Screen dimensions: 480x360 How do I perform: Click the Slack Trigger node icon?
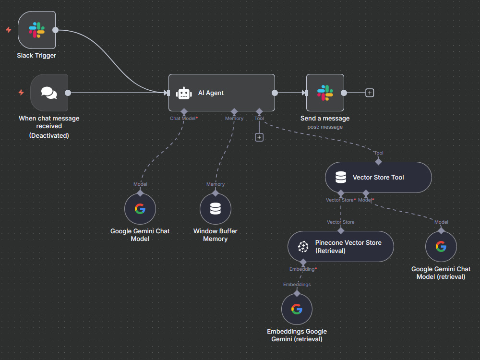tap(37, 30)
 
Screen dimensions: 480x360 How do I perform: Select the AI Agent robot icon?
tap(184, 93)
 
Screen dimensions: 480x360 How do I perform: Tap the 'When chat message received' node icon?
tap(49, 93)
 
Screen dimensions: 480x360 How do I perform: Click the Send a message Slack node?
tap(325, 93)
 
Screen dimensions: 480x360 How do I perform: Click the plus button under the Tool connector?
tap(259, 137)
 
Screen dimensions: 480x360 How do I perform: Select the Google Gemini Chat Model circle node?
tap(140, 209)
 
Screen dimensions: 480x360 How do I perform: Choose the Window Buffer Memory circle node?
tap(216, 209)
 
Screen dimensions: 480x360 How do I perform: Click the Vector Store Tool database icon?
tap(341, 177)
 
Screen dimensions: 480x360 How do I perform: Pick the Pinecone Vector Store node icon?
tap(303, 247)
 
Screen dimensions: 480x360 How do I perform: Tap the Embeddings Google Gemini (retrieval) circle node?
tap(297, 309)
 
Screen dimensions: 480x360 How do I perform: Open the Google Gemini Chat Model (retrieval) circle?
tap(441, 247)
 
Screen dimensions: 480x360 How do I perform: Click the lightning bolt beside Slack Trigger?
tap(9, 30)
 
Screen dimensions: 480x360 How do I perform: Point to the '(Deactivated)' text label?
tap(49, 136)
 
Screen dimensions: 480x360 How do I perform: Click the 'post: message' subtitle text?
tap(325, 127)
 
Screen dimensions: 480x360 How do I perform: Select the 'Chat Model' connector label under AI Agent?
tap(183, 119)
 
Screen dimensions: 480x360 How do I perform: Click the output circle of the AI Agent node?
tap(275, 93)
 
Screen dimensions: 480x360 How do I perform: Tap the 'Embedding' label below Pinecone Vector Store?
tap(302, 269)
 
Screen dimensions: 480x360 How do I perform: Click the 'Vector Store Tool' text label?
tap(378, 178)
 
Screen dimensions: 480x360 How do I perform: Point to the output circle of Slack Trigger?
tap(55, 30)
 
